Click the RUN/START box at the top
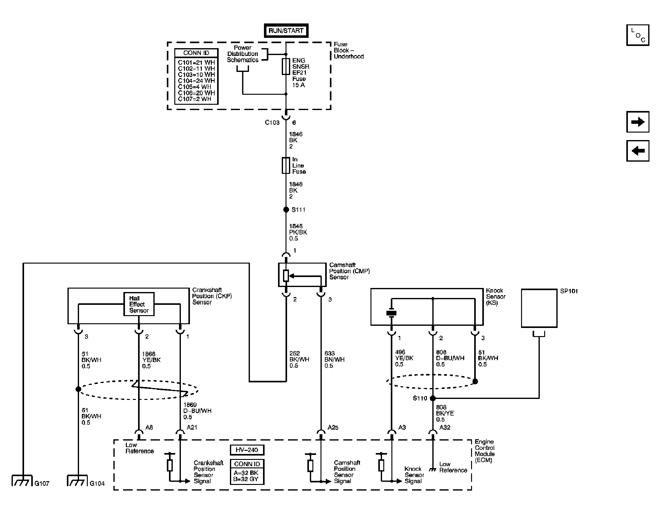pyautogui.click(x=286, y=31)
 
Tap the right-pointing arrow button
pyautogui.click(x=638, y=122)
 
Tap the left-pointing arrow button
pyautogui.click(x=638, y=151)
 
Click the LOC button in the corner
pyautogui.click(x=638, y=35)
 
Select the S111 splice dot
pyautogui.click(x=286, y=209)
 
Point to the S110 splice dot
pyautogui.click(x=433, y=398)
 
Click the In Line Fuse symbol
pyautogui.click(x=286, y=165)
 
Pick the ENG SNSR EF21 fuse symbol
pyautogui.click(x=286, y=66)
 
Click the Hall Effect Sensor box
pyautogui.click(x=139, y=304)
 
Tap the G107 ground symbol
pyautogui.click(x=22, y=480)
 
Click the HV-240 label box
pyautogui.click(x=247, y=450)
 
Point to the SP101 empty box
pyautogui.click(x=539, y=308)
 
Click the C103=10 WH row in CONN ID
pyautogui.click(x=196, y=74)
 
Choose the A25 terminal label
pyautogui.click(x=333, y=427)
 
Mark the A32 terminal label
pyautogui.click(x=445, y=427)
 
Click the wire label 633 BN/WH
pyautogui.click(x=334, y=359)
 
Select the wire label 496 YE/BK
pyautogui.click(x=404, y=358)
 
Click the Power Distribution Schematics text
pyautogui.click(x=242, y=54)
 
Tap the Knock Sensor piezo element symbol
pyautogui.click(x=391, y=313)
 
